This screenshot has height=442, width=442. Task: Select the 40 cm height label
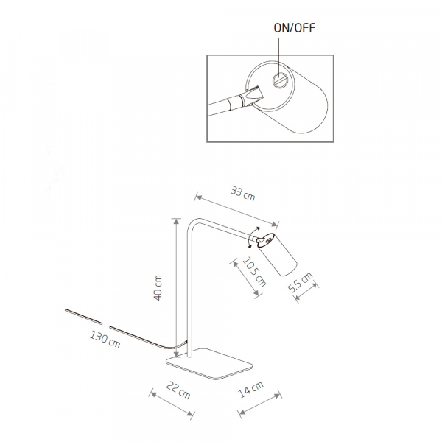coord(158,287)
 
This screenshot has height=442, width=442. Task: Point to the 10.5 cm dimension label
coord(255,270)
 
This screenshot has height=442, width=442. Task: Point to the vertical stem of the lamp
coord(187,295)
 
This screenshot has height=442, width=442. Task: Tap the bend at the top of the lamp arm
coord(192,222)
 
